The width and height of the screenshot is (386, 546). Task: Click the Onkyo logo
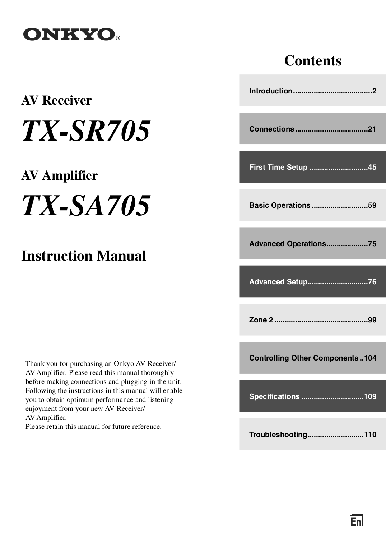point(69,35)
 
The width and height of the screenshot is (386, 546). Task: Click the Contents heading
point(312,60)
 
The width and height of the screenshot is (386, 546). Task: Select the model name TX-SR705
point(86,130)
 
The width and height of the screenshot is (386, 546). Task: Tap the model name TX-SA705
point(86,206)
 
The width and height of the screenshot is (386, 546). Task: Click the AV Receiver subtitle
point(56,100)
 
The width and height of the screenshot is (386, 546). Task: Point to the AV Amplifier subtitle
point(59,175)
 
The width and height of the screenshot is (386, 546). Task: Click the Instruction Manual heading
point(84,256)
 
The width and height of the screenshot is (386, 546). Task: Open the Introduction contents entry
point(312,91)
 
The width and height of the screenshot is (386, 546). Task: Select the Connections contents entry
point(312,129)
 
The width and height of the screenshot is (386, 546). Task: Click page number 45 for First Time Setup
point(372,167)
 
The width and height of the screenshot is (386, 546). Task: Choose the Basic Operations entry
point(312,205)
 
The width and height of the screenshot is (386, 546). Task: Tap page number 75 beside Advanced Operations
point(372,244)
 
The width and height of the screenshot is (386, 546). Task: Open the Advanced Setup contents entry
point(312,282)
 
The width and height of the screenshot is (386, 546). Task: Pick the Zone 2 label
point(261,320)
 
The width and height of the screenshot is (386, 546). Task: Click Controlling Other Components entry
point(312,358)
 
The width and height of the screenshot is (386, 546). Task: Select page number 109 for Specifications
point(370,396)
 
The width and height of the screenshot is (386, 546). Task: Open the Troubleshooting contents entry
point(312,435)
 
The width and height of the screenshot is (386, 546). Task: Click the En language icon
point(356,521)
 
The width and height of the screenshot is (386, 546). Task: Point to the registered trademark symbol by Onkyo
point(117,38)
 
